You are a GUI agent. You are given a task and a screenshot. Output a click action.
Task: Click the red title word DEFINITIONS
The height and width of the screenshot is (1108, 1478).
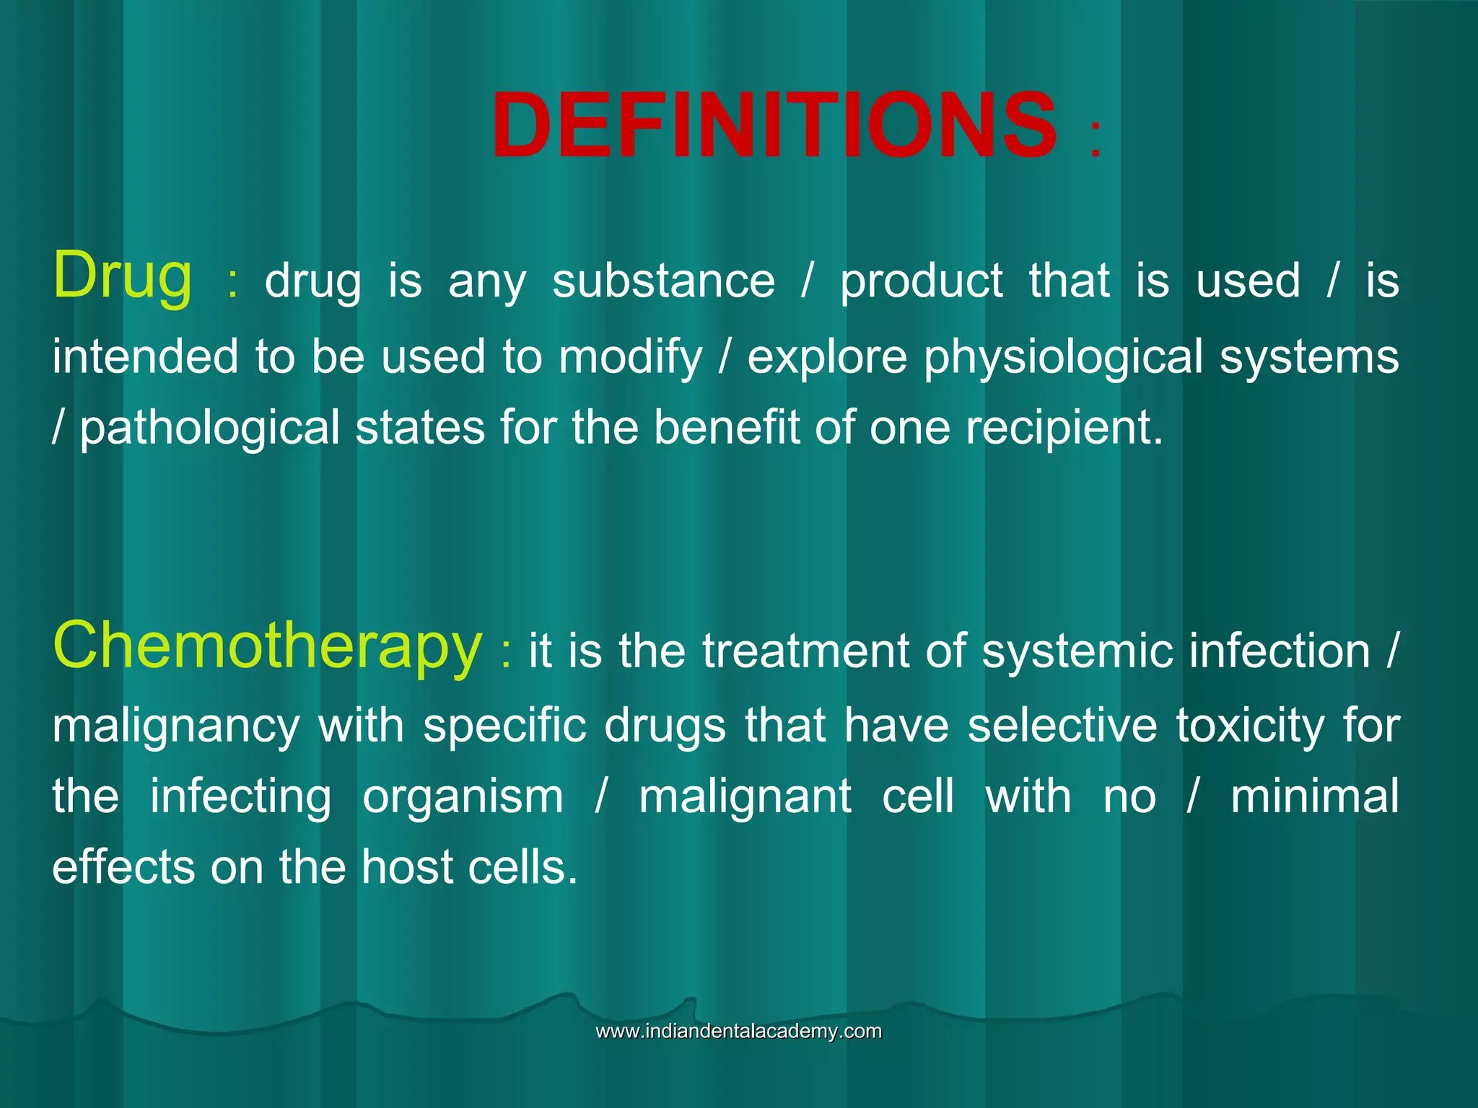[x=774, y=125]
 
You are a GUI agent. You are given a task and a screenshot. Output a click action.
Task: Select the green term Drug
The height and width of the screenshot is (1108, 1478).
[x=123, y=276]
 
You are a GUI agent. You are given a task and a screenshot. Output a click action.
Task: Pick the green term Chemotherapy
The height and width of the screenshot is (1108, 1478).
[x=267, y=646]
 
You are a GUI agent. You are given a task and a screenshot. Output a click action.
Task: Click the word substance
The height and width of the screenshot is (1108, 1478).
[x=663, y=281]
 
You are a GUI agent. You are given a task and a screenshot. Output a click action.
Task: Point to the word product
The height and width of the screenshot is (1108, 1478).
[x=922, y=281]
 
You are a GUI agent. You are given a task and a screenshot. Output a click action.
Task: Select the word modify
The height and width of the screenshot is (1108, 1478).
[x=630, y=357]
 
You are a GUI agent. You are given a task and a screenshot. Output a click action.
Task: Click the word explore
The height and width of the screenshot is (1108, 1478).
[x=827, y=357]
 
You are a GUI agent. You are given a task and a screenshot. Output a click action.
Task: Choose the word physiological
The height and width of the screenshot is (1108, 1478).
[x=1064, y=357]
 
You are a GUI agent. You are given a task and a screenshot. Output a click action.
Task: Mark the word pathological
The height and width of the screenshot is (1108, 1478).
[x=209, y=428]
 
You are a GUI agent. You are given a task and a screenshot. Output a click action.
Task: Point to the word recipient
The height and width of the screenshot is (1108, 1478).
[x=1064, y=428]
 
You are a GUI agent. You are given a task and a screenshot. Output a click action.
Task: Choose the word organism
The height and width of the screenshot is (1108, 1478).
[x=463, y=796]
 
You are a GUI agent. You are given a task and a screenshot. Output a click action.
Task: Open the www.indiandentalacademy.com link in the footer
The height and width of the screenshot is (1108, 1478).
[x=738, y=1031]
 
